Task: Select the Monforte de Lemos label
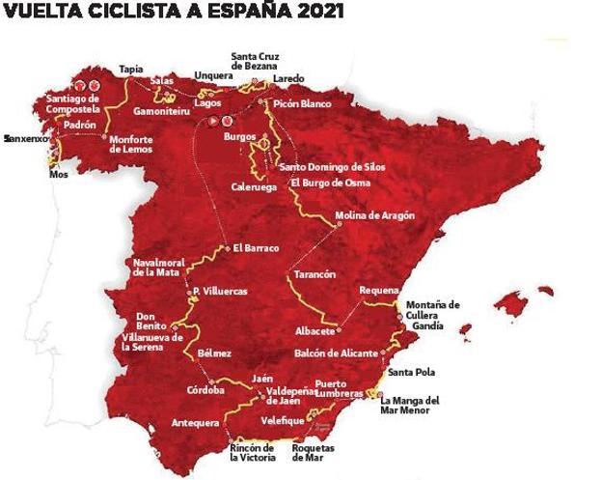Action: click(138, 144)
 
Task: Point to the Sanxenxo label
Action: click(25, 139)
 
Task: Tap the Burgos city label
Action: click(239, 137)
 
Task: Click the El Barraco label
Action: click(255, 248)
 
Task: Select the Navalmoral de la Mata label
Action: click(157, 268)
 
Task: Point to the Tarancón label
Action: click(314, 274)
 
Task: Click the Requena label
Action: click(377, 290)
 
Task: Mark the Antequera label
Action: click(194, 422)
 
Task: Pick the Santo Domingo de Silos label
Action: click(332, 167)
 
